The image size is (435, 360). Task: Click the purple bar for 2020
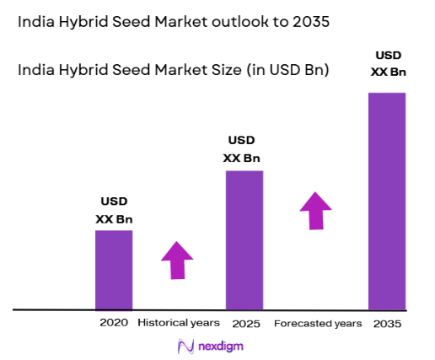point(114,269)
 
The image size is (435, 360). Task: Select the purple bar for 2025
point(244,239)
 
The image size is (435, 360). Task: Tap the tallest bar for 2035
point(388,201)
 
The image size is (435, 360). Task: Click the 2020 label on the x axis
point(114,322)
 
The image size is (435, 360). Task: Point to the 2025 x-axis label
point(245,323)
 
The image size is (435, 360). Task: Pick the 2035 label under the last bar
point(388,323)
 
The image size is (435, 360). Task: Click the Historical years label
point(178,323)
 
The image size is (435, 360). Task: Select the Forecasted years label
point(317,323)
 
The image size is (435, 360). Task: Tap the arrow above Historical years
point(177,261)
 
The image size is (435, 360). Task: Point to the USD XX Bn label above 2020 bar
point(114,211)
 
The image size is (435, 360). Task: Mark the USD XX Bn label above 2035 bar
point(389,64)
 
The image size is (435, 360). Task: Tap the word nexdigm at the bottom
point(221,346)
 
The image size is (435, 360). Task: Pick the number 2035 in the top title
point(301,23)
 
